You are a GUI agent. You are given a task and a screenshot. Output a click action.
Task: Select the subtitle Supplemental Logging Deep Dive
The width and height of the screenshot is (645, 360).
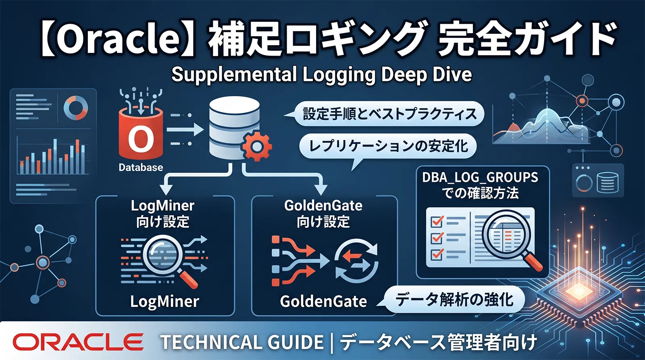click(321, 75)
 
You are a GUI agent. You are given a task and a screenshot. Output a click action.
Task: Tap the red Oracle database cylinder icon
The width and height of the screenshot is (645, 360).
click(141, 133)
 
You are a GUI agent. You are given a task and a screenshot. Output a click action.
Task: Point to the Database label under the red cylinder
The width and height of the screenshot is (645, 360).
click(141, 167)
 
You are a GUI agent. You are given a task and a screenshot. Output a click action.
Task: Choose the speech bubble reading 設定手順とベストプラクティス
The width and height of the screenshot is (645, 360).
click(389, 114)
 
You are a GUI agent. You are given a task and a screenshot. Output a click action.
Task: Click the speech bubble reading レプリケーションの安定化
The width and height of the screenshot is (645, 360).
click(388, 146)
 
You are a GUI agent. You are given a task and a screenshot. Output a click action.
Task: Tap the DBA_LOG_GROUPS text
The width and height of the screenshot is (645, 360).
click(480, 177)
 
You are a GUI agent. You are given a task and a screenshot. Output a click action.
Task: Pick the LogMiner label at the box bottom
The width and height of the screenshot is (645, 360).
click(164, 302)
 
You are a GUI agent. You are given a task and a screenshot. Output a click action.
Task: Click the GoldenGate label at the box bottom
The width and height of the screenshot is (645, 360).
click(323, 302)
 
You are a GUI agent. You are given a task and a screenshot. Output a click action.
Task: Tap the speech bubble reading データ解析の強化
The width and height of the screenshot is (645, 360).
click(454, 300)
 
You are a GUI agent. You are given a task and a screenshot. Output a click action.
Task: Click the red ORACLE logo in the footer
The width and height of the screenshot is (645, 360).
click(78, 342)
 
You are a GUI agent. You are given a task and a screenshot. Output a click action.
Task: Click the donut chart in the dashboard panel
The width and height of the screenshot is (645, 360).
click(75, 108)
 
